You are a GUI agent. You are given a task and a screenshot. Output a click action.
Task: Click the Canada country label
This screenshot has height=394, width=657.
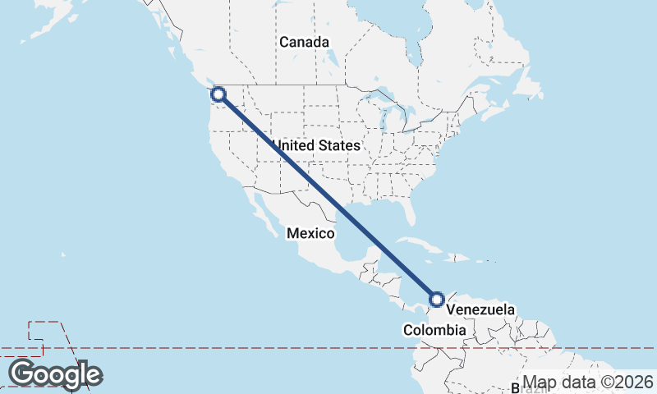click(x=304, y=42)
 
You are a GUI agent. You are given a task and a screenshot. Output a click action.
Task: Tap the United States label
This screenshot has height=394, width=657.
click(x=317, y=145)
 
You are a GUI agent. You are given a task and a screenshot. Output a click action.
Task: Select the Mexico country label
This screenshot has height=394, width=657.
click(x=310, y=234)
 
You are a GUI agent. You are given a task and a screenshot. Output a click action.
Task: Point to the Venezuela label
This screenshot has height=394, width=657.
click(x=481, y=310)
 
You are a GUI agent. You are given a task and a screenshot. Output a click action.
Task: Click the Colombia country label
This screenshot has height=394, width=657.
click(x=434, y=330)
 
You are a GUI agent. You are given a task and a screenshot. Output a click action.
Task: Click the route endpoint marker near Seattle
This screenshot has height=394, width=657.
click(x=218, y=94)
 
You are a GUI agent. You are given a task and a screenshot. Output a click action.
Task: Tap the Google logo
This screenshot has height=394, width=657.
click(x=56, y=374)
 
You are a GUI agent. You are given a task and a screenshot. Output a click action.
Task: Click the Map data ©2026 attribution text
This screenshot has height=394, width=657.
click(x=588, y=383)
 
